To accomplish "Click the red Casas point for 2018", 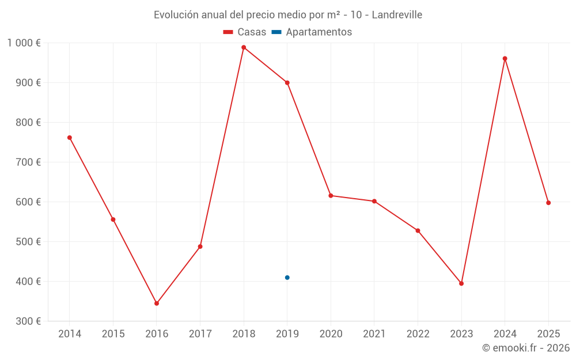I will click(x=244, y=47).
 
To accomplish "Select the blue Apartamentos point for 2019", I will click(x=287, y=278).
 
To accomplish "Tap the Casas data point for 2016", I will click(x=157, y=303).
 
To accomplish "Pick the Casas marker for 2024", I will click(x=505, y=58).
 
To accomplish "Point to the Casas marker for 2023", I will click(x=461, y=283).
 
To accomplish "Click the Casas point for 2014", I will click(x=70, y=138).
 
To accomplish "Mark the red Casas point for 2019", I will click(x=287, y=82).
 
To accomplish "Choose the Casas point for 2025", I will click(x=548, y=203).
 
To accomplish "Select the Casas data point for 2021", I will click(x=374, y=201).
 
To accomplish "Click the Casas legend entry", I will click(x=245, y=32).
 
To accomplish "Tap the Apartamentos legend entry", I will click(x=312, y=32).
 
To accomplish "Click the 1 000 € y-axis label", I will click(x=24, y=43).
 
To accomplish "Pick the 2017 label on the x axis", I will click(x=200, y=334).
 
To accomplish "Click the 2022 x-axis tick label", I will click(x=418, y=334).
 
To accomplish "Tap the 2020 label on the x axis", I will click(x=331, y=334).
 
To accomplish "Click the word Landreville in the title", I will click(x=397, y=15).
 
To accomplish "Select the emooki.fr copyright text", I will click(x=526, y=348).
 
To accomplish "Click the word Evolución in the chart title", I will click(x=176, y=15).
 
